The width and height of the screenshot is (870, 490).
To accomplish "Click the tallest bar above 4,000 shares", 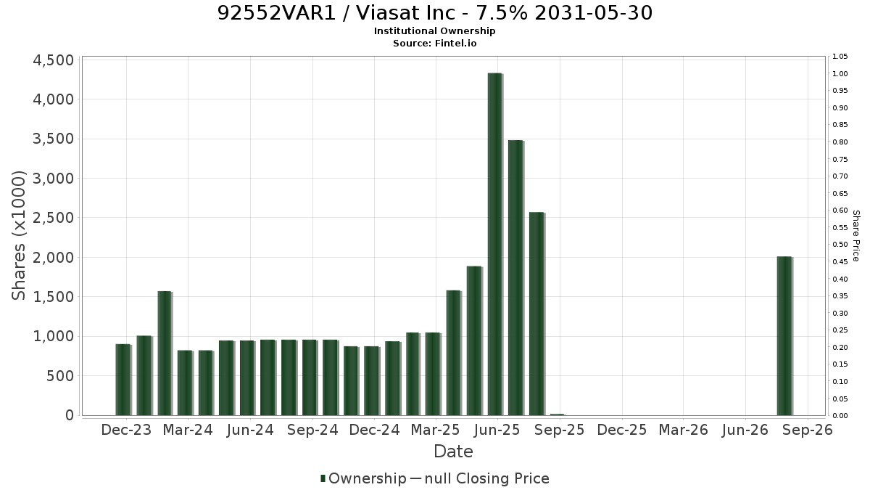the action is (496, 244).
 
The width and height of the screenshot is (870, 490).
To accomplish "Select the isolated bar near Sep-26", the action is (785, 336).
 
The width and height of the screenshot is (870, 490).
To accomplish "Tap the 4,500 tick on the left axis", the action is (53, 60).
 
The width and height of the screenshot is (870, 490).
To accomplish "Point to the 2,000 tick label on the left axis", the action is (53, 258).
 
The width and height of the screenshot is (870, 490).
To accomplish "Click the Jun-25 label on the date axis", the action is (497, 430).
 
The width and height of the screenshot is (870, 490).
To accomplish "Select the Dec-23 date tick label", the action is (126, 430).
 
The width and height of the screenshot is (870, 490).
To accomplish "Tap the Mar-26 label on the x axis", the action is (684, 430).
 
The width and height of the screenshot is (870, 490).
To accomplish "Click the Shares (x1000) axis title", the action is (18, 236).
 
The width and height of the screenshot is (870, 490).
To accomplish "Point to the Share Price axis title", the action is (855, 236).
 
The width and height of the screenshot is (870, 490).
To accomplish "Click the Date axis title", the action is (453, 452).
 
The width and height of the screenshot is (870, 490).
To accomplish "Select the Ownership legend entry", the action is (363, 478).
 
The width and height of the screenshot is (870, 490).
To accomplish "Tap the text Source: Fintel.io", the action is (434, 43).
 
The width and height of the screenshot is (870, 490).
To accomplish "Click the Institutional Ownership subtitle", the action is (434, 31).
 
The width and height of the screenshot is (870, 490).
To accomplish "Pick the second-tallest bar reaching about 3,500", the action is (516, 277).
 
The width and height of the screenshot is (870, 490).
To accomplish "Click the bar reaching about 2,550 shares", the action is (537, 314).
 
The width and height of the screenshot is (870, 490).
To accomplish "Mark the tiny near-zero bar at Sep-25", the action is (558, 415).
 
